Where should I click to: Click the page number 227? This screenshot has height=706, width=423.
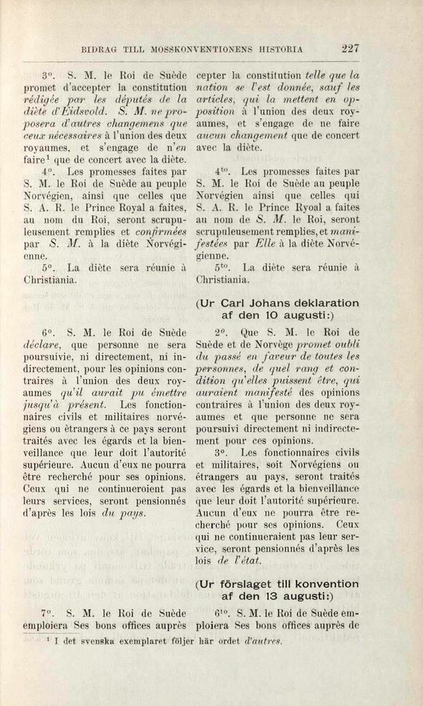(x=350, y=49)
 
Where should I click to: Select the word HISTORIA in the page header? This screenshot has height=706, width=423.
(x=278, y=50)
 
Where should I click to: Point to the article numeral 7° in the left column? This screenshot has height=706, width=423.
(x=48, y=613)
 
